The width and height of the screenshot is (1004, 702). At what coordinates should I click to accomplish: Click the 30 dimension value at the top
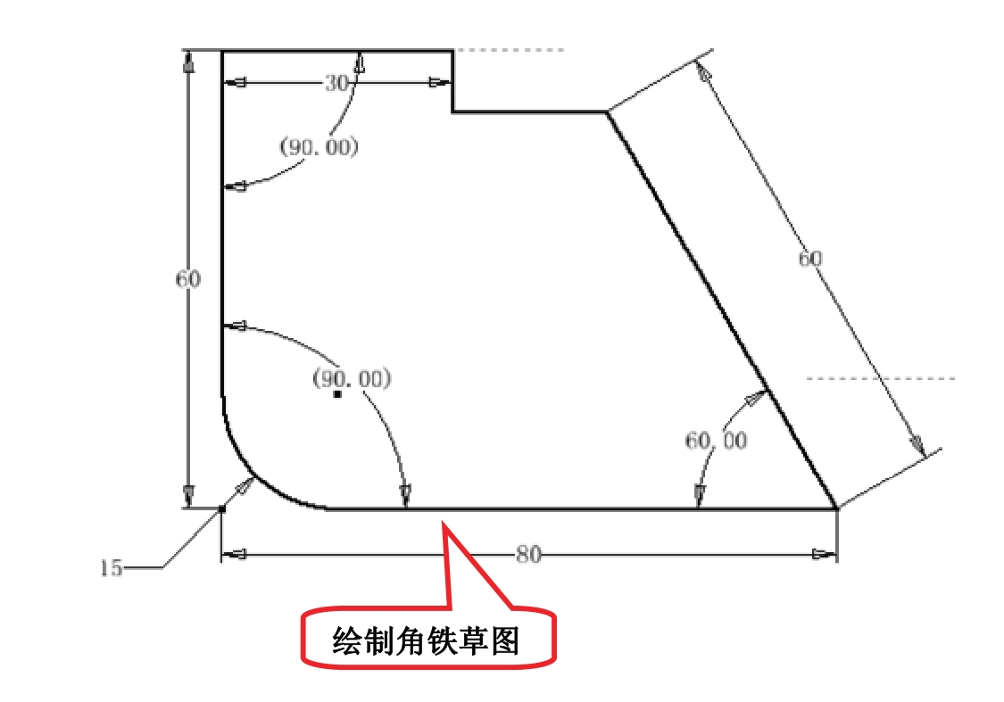pyautogui.click(x=335, y=83)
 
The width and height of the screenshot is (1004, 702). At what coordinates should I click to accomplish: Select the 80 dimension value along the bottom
pyautogui.click(x=528, y=554)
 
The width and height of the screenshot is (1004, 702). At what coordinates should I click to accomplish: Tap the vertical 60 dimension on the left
pyautogui.click(x=187, y=279)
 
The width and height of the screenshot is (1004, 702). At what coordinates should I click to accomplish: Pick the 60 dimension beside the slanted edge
pyautogui.click(x=809, y=259)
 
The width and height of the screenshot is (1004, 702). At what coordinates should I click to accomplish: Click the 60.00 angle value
pyautogui.click(x=716, y=440)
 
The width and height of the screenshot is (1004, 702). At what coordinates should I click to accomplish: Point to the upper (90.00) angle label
pyautogui.click(x=319, y=147)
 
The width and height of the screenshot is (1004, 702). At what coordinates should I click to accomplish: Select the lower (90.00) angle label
pyautogui.click(x=352, y=379)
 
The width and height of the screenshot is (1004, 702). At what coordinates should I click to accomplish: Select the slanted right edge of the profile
pyautogui.click(x=721, y=310)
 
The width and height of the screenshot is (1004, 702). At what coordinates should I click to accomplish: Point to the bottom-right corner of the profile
pyautogui.click(x=836, y=509)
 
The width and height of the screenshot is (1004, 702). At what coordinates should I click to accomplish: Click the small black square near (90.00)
pyautogui.click(x=337, y=393)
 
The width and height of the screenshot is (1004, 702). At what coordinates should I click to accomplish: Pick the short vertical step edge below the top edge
pyautogui.click(x=452, y=81)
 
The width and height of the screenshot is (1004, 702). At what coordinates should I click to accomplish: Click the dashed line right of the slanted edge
pyautogui.click(x=879, y=378)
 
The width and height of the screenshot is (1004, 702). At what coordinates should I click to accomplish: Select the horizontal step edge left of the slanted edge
pyautogui.click(x=529, y=112)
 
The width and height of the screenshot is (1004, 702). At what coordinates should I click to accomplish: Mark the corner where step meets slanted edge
pyautogui.click(x=607, y=112)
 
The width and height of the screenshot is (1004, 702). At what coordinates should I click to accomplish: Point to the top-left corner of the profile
pyautogui.click(x=221, y=51)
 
